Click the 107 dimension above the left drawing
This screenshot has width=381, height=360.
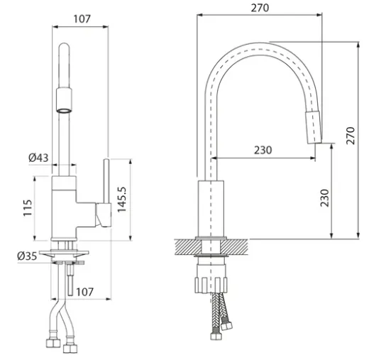click(82, 19)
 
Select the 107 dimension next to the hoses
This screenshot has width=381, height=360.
click(84, 292)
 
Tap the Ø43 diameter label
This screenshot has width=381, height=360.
click(38, 158)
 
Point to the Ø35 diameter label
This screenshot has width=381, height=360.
click(27, 256)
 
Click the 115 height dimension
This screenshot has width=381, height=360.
click(28, 208)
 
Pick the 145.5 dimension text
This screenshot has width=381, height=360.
click(122, 200)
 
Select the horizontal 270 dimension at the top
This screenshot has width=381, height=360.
click(260, 8)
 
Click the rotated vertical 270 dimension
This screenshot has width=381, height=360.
click(350, 136)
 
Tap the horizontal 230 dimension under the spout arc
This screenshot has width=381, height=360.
click(263, 150)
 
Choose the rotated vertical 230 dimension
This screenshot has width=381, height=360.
click(324, 198)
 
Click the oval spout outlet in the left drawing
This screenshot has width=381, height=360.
click(64, 111)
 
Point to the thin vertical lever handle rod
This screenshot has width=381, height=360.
click(106, 181)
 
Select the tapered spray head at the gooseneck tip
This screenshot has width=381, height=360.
click(314, 127)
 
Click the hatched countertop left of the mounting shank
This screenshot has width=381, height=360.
click(189, 247)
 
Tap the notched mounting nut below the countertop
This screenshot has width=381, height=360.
click(211, 285)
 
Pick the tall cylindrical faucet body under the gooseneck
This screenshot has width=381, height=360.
click(211, 209)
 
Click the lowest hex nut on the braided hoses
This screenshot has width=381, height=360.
click(216, 336)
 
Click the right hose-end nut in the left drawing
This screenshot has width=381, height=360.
click(70, 349)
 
